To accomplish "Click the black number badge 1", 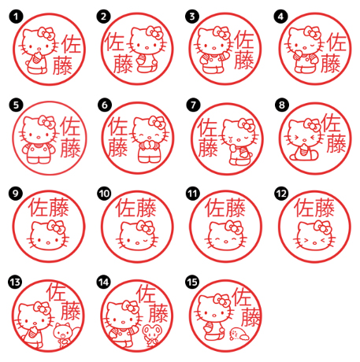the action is [x=16, y=17].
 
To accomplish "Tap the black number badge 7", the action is [x=193, y=105].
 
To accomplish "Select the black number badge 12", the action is [x=282, y=194].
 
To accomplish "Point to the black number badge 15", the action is [x=192, y=282].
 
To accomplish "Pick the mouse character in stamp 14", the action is [x=151, y=334].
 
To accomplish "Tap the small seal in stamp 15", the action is [x=238, y=334].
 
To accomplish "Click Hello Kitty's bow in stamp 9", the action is [x=56, y=227].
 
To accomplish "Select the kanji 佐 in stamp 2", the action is [x=115, y=42].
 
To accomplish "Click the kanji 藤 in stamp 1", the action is [x=62, y=65].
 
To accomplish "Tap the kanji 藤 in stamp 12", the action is [x=325, y=208].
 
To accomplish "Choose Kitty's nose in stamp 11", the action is [x=225, y=241].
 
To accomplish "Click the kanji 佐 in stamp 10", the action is [x=126, y=208].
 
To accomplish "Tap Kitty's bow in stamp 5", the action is [x=47, y=122].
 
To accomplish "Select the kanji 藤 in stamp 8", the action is [x=336, y=143].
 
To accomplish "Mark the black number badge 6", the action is [x=105, y=105].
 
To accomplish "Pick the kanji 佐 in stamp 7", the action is [x=207, y=127].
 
